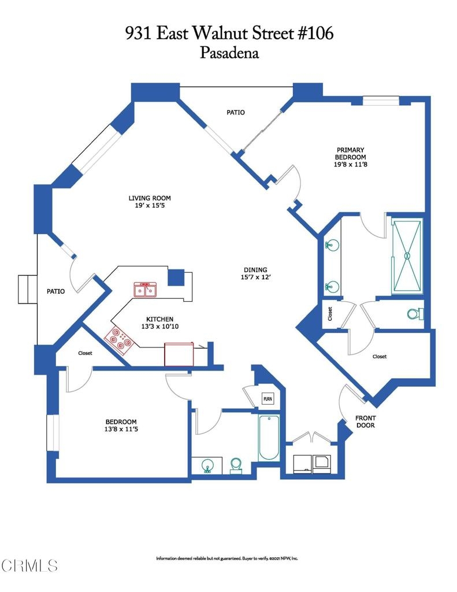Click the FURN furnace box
[267, 399]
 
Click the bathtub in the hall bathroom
[269, 438]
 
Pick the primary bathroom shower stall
[407, 256]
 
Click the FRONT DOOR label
[365, 421]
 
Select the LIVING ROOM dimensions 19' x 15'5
[150, 205]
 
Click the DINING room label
[255, 269]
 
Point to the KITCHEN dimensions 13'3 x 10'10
[160, 326]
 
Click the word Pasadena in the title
[229, 53]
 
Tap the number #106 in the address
[316, 33]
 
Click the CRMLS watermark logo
[29, 565]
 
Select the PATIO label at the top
[236, 112]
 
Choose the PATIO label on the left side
[56, 291]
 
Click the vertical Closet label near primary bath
[330, 314]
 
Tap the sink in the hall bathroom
[207, 465]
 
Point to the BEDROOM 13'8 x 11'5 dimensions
[121, 429]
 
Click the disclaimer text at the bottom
[227, 558]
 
